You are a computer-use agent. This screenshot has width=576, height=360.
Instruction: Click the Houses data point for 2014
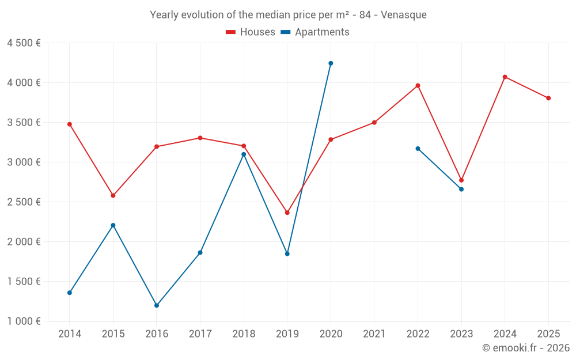click(x=70, y=124)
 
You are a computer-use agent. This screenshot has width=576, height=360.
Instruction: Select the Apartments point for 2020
click(x=331, y=63)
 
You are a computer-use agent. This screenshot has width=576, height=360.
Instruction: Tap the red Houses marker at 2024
click(x=505, y=77)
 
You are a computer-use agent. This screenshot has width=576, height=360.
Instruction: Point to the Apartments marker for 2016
click(x=157, y=305)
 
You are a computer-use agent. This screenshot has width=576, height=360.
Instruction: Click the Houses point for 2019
click(x=287, y=213)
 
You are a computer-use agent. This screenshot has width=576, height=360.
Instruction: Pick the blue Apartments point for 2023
click(x=461, y=189)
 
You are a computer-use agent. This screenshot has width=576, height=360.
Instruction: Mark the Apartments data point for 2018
click(x=244, y=154)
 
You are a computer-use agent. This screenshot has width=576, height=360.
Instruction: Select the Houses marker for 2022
click(x=418, y=85)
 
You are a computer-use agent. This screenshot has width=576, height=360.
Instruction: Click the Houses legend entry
click(x=251, y=32)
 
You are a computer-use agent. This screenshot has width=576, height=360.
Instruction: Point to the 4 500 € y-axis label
click(x=24, y=43)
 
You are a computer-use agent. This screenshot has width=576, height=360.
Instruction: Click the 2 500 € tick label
click(x=24, y=202)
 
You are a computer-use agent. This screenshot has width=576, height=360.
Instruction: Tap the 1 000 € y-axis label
click(x=24, y=321)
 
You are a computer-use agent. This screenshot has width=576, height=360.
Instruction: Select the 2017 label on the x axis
click(x=200, y=334)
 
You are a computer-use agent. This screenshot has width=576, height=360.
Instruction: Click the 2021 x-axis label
click(x=374, y=334)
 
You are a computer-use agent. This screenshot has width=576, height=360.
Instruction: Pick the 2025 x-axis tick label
click(x=548, y=334)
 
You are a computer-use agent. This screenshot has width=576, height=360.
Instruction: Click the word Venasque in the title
click(x=405, y=15)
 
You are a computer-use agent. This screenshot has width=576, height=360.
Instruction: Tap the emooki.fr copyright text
click(x=525, y=348)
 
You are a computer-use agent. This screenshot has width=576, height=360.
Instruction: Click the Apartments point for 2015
click(x=113, y=225)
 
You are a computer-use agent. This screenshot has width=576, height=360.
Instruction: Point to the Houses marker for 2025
click(x=548, y=98)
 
